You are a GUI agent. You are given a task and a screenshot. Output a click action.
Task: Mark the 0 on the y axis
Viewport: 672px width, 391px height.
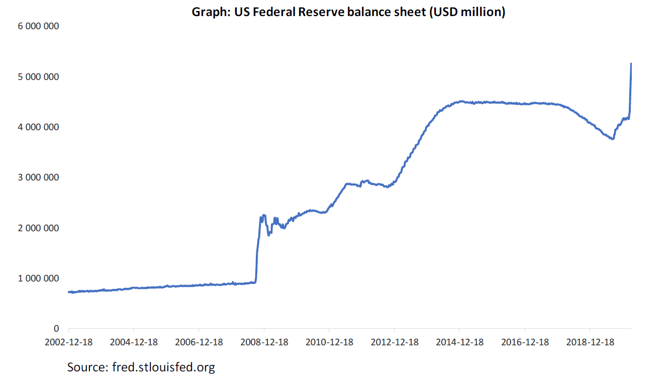point(56,329)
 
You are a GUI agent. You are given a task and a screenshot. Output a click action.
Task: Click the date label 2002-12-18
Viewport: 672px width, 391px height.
point(69,342)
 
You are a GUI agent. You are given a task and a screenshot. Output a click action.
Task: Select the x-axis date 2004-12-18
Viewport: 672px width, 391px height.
point(134,342)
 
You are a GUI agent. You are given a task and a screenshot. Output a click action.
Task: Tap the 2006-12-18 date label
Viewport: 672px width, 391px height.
point(199,342)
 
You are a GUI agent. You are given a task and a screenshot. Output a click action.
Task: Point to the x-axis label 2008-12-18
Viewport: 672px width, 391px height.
point(264,342)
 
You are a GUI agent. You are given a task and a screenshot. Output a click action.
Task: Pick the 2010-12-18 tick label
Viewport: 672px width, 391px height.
point(329,342)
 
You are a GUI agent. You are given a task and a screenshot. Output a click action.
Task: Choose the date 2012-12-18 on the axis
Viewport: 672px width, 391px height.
point(395,342)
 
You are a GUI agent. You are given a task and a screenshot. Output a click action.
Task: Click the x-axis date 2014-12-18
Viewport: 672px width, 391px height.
point(459,342)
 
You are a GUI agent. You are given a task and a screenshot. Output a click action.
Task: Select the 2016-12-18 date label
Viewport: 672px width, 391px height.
point(525,342)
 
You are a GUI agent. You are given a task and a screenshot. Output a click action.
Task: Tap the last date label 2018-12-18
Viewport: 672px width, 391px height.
point(590,342)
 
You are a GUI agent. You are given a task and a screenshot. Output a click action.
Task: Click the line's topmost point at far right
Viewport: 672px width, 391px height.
point(631,63)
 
